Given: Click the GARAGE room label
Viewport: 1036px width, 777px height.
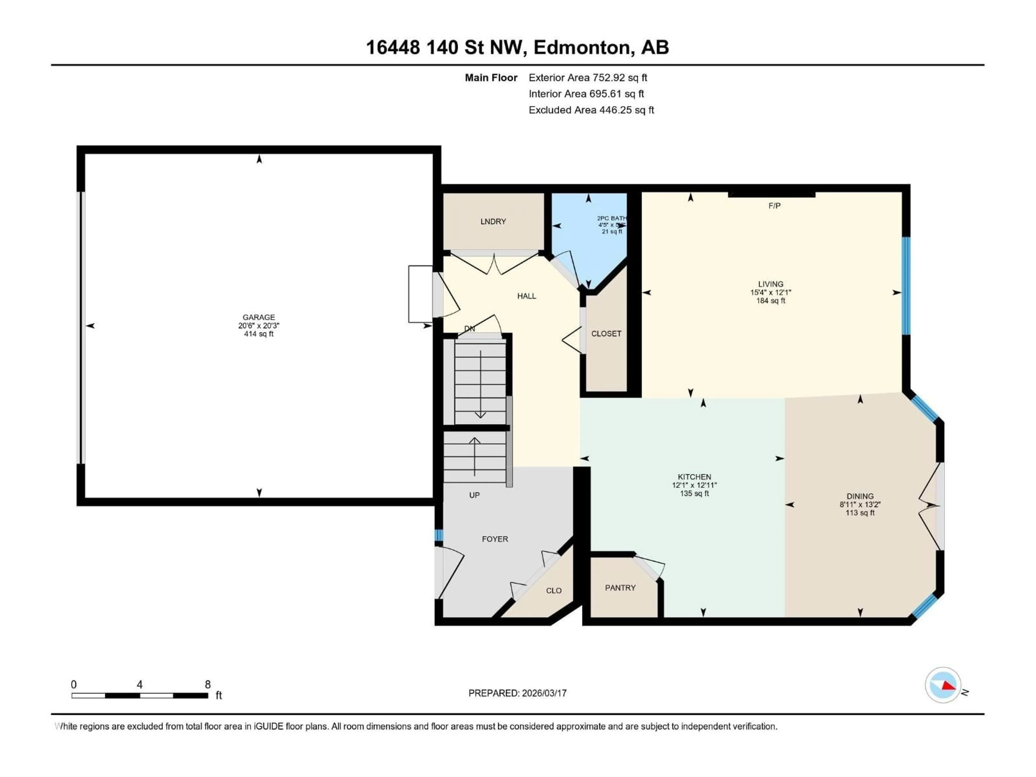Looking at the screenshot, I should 258,317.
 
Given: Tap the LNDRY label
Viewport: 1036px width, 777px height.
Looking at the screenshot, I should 493,221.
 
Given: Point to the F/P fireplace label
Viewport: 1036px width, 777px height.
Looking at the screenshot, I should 774,206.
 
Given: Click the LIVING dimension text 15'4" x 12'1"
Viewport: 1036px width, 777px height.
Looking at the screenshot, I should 771,292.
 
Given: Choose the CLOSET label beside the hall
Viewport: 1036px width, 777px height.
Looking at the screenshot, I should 606,333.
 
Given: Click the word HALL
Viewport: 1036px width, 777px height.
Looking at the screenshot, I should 526,296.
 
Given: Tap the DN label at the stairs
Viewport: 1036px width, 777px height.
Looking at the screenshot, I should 469,329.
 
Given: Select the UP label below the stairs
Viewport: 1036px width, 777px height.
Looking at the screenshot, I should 474,495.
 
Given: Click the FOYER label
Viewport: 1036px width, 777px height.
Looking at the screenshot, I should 495,539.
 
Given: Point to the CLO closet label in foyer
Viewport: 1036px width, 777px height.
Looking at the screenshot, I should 554,591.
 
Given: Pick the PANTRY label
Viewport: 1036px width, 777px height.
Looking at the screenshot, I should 620,588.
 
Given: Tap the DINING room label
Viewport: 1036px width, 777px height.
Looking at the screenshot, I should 860,496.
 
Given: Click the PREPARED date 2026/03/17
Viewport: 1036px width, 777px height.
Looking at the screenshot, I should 543,693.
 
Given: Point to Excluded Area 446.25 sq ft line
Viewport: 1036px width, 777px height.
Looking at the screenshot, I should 591,110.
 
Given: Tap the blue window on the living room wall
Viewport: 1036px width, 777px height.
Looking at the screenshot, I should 906,286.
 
